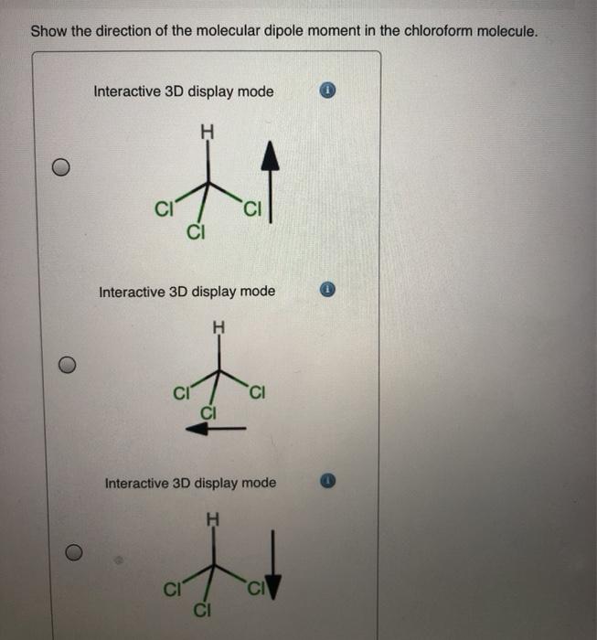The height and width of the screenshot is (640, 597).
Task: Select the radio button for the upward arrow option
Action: coord(59,167)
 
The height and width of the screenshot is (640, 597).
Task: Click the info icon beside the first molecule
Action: coord(329,91)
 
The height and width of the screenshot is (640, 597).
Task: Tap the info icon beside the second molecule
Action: coord(330,292)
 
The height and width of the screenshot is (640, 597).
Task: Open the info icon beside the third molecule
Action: coord(331,482)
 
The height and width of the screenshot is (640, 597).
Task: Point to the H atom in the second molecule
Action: coord(218,327)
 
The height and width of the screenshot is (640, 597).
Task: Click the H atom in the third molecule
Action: coord(214,520)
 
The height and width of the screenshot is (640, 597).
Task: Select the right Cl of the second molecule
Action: coord(257,395)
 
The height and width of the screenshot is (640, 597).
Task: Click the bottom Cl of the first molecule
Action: coord(194,229)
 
